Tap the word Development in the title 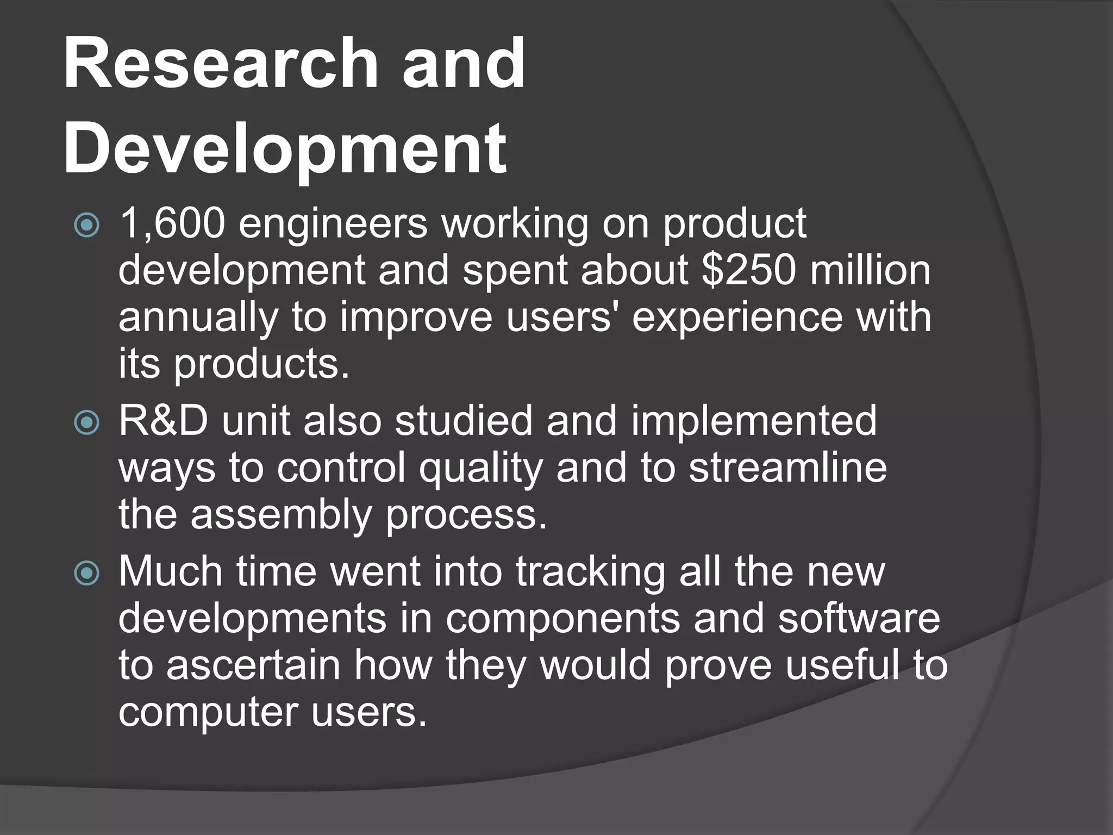point(285,148)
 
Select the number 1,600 point(172,224)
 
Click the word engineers point(333,224)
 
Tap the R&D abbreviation point(164,421)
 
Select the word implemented point(754,421)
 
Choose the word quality point(480,469)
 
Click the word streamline point(787,468)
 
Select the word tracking point(590,572)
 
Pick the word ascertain point(253,665)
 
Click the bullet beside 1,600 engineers point(87,226)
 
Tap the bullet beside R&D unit point(87,423)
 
